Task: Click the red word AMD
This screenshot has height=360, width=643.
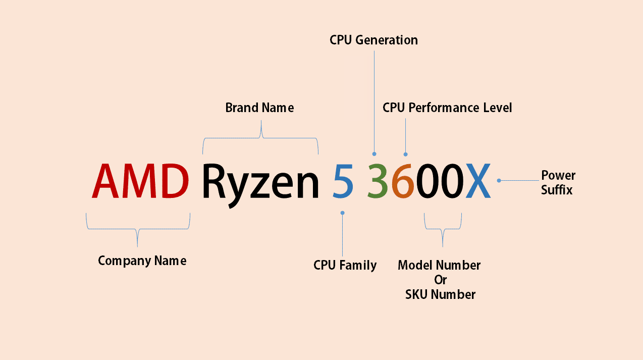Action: click(x=140, y=181)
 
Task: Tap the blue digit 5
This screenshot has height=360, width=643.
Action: click(x=343, y=181)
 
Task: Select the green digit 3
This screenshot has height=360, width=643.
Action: click(x=378, y=181)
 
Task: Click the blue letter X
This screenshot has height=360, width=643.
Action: click(x=477, y=181)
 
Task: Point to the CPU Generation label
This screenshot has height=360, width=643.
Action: click(x=373, y=40)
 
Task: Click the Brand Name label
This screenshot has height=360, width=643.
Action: click(x=259, y=108)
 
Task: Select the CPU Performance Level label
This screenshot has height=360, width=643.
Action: click(x=447, y=108)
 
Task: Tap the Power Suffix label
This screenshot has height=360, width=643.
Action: click(x=558, y=183)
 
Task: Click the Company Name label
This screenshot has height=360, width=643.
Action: click(x=142, y=261)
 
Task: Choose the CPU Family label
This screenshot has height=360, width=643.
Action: click(x=345, y=265)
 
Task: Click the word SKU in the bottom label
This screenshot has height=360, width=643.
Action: click(x=417, y=294)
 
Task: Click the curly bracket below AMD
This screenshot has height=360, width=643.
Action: click(x=138, y=230)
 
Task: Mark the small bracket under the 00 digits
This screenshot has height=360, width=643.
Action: click(x=443, y=230)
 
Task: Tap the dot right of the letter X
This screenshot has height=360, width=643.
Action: click(x=499, y=180)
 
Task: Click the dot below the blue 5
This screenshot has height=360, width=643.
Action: click(x=342, y=213)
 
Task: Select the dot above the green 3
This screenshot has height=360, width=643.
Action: click(x=374, y=153)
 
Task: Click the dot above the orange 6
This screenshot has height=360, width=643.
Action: click(x=405, y=154)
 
